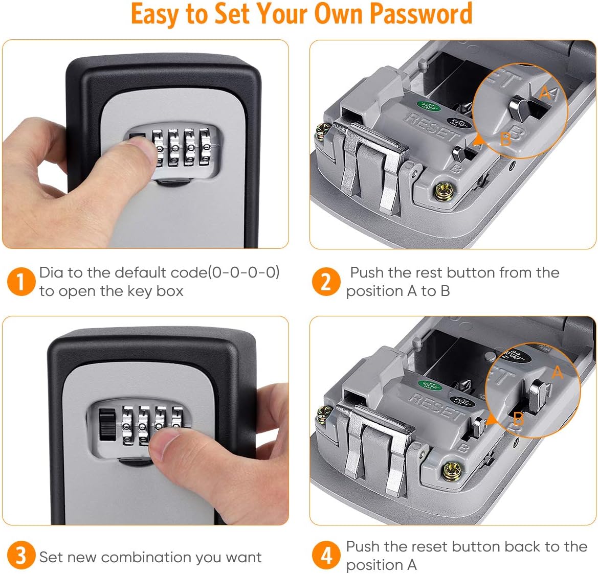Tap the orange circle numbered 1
point(20,282)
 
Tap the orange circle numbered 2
point(326,282)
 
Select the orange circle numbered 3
point(20,556)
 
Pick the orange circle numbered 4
point(326,556)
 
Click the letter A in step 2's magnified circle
point(545,93)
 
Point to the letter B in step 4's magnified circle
point(518,419)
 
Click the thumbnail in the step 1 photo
point(134,151)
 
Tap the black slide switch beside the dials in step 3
point(107,424)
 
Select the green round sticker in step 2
point(425,106)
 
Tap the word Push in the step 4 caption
point(363,546)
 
